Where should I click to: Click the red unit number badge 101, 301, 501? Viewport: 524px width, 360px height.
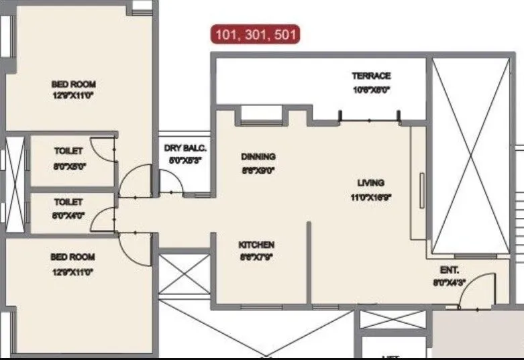256,34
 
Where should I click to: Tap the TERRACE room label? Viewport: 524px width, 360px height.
371,76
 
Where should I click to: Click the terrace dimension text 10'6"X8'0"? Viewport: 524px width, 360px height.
371,88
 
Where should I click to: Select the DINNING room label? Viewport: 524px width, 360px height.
258,157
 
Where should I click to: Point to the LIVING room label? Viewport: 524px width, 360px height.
370,182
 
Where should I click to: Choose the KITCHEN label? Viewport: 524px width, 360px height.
256,245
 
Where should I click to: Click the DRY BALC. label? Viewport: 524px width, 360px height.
186,148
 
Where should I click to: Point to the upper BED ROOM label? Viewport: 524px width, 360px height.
74,84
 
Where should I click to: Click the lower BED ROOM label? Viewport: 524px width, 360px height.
72,257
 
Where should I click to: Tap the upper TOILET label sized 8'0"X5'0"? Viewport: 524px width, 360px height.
68,152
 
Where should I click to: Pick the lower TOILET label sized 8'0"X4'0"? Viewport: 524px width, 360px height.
68,201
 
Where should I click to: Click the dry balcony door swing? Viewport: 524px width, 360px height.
171,181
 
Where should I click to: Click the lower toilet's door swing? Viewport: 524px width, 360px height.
104,220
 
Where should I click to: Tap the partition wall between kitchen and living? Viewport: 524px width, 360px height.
309,261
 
